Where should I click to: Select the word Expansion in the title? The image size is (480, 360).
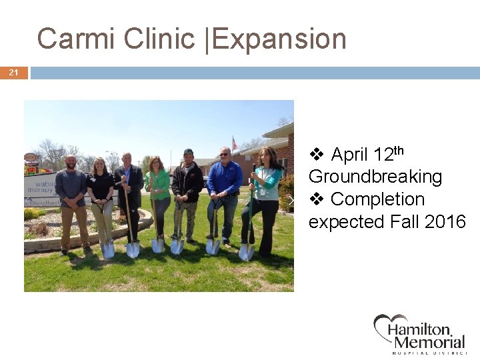(x=279, y=40)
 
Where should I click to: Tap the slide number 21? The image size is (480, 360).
(x=13, y=73)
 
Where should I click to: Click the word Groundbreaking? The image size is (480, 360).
(x=375, y=177)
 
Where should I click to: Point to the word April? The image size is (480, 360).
(x=349, y=155)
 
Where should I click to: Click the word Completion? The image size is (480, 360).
(x=377, y=199)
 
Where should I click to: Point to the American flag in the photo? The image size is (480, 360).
(x=234, y=143)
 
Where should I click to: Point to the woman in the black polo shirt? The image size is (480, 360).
(x=100, y=197)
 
